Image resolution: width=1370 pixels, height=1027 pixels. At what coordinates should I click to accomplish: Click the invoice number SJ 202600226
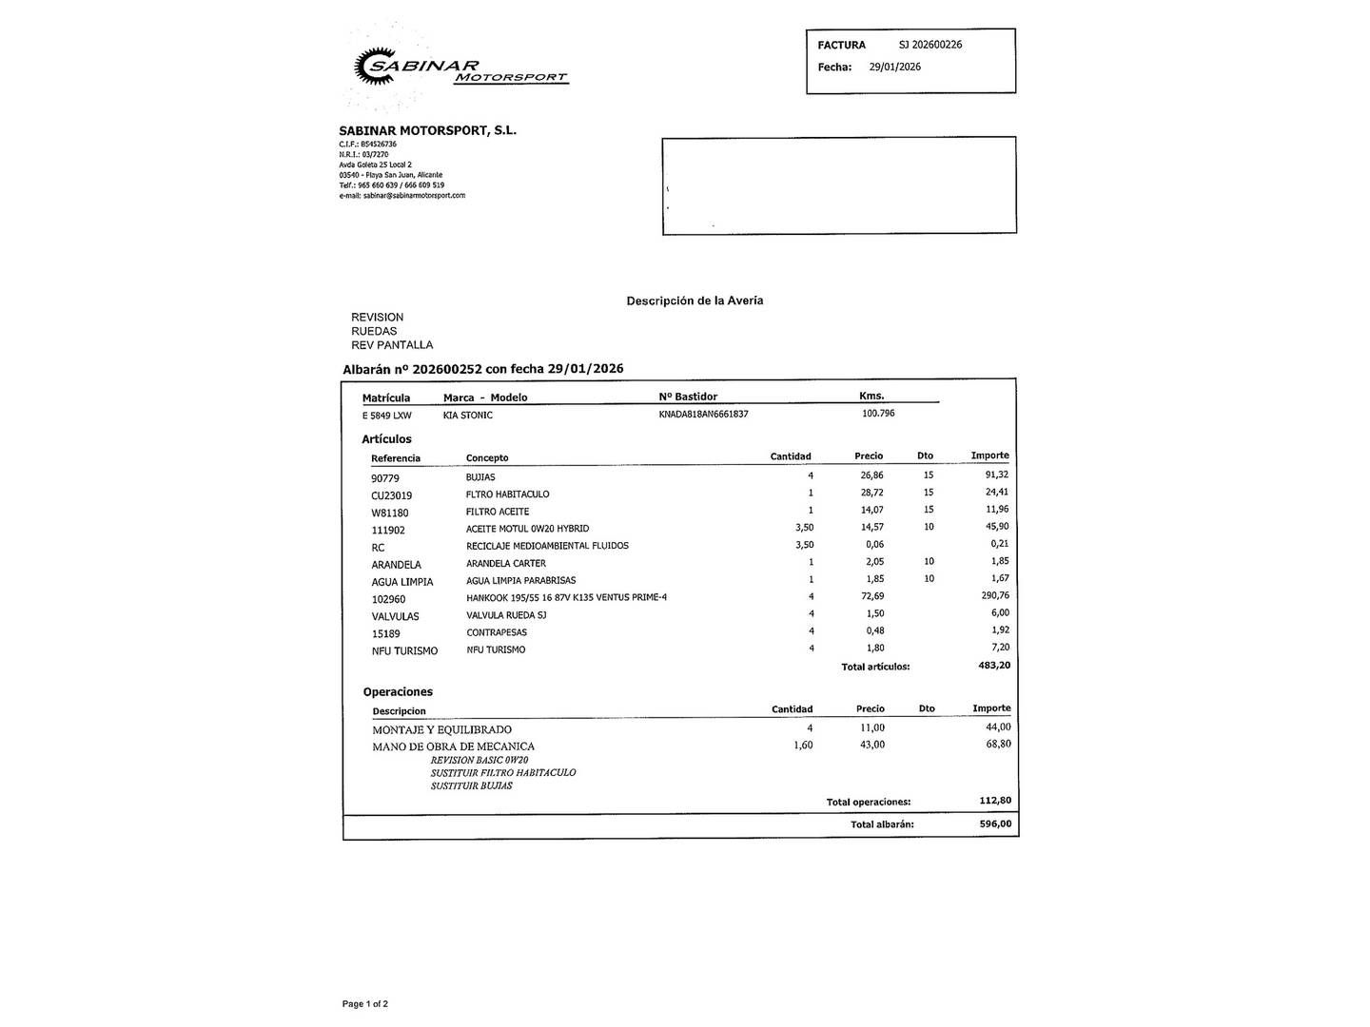930,45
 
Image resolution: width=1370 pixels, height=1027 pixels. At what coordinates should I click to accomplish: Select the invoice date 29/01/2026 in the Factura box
894,67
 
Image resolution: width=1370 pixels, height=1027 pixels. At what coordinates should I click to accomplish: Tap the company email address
401,196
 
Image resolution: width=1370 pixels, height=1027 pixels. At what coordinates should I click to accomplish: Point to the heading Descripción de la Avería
695,300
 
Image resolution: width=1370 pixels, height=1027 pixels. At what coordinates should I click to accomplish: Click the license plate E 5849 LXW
386,416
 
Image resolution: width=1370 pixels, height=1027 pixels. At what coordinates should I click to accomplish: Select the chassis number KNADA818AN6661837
703,415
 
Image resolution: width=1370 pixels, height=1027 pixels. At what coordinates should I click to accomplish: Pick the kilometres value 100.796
878,414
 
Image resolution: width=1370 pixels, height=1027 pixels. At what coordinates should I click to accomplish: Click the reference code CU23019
391,495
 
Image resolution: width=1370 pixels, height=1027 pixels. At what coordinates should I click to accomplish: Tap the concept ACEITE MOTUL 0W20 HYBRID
527,529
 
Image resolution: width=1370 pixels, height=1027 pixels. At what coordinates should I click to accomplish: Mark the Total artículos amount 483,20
994,666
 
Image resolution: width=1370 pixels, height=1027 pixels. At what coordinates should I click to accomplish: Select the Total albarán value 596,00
995,824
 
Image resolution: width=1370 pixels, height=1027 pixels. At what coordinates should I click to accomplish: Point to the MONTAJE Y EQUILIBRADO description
441,729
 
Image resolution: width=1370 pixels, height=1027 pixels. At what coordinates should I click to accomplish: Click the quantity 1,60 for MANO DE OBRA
802,745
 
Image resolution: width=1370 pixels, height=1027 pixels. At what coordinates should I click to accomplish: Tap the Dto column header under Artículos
925,456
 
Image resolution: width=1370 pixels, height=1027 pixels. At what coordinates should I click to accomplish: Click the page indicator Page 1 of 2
364,1004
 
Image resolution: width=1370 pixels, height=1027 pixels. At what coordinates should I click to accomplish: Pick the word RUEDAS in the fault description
374,331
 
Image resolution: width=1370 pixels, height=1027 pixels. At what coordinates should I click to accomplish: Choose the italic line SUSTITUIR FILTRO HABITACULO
502,773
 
